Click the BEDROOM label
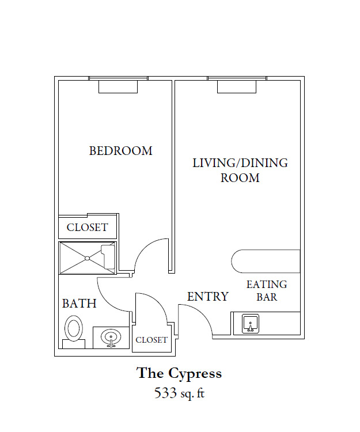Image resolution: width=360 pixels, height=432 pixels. [120, 151]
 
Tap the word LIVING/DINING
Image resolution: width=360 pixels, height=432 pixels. [240, 163]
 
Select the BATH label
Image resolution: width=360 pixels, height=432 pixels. [79, 304]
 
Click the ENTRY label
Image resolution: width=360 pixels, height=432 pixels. [208, 297]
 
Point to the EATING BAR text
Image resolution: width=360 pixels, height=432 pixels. [267, 291]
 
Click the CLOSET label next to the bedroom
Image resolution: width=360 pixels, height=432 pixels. [87, 228]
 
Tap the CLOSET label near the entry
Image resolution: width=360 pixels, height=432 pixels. [151, 340]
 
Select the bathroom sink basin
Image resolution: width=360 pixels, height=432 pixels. [111, 338]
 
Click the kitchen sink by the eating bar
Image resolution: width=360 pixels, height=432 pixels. [251, 324]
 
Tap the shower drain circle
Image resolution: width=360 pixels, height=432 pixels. [87, 258]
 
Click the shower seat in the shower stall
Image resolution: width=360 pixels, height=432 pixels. [108, 257]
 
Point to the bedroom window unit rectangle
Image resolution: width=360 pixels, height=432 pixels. [118, 87]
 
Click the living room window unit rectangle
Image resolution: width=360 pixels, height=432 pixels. [237, 87]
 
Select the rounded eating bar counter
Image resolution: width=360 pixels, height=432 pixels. [266, 261]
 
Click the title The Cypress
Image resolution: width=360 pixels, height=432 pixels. [179, 374]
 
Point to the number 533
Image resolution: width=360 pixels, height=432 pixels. [165, 393]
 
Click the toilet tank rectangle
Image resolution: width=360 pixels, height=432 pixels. [74, 344]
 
